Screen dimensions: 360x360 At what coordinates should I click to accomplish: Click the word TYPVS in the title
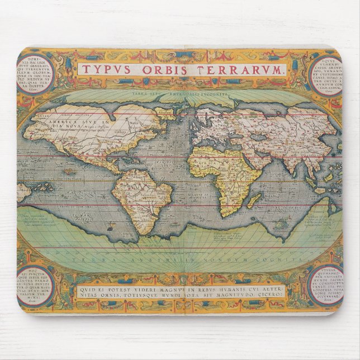pyautogui.click(x=103, y=70)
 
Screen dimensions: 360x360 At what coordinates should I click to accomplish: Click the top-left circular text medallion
pyautogui.click(x=36, y=73)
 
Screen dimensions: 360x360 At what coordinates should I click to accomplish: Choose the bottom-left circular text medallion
pyautogui.click(x=35, y=287)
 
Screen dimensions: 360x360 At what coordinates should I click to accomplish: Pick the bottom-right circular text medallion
pyautogui.click(x=326, y=285)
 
